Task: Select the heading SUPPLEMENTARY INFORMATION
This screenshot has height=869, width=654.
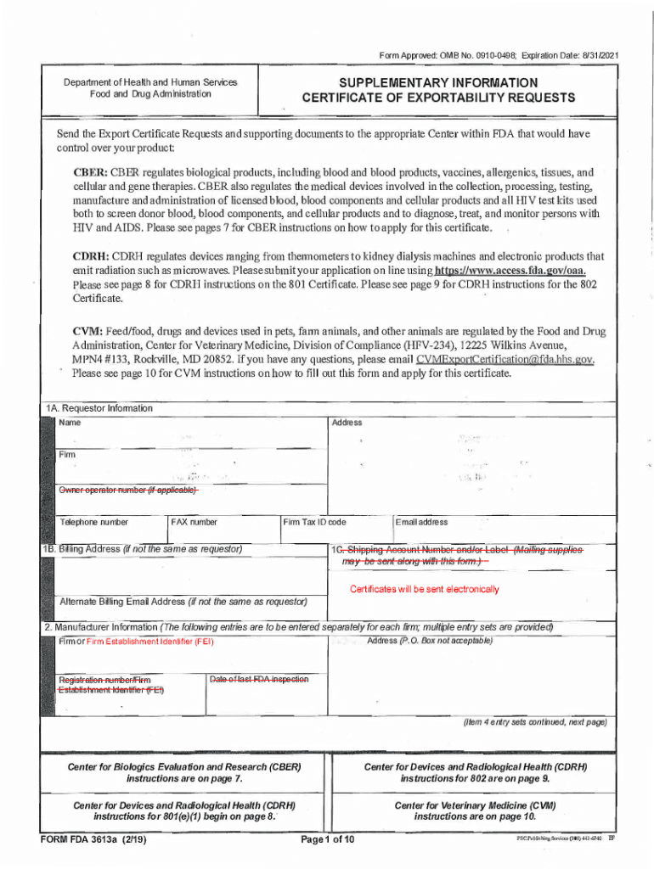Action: pyautogui.click(x=437, y=82)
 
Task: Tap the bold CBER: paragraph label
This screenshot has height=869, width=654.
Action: pyautogui.click(x=89, y=171)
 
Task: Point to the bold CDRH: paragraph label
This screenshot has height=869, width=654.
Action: pyautogui.click(x=90, y=256)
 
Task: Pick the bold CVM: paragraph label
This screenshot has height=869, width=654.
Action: pyautogui.click(x=88, y=330)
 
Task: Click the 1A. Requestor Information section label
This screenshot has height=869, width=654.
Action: pyautogui.click(x=99, y=408)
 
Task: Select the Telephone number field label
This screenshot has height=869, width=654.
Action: pyautogui.click(x=93, y=522)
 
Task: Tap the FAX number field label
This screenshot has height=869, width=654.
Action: pyautogui.click(x=194, y=522)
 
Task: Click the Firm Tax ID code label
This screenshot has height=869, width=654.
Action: pyautogui.click(x=314, y=522)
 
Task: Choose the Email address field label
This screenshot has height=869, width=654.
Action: pyautogui.click(x=422, y=522)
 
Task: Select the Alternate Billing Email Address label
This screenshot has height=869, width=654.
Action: pyautogui.click(x=183, y=602)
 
